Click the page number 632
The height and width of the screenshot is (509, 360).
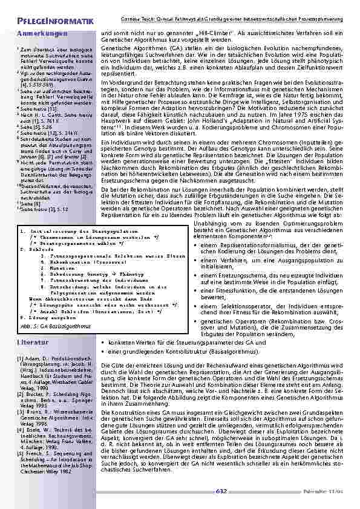pos(221,491)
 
